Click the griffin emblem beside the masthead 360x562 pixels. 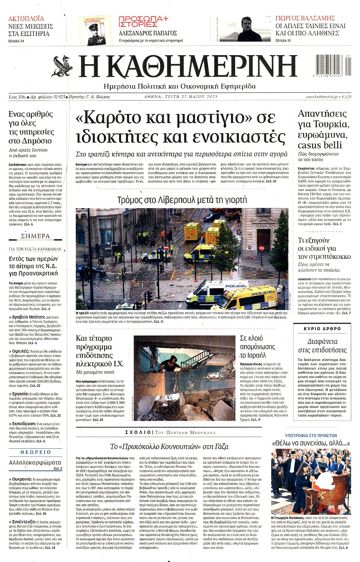point(63,66)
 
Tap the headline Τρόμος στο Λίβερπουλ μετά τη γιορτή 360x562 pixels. point(182,200)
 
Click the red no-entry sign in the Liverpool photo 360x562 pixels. point(261,248)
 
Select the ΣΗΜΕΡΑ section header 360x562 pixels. point(36,236)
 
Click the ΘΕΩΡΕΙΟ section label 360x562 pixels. point(36,452)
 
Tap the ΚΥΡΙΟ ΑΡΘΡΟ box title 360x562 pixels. point(322,329)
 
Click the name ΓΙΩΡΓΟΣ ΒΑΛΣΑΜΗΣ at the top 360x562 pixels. point(305,18)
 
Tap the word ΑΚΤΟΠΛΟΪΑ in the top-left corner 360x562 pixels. point(26,18)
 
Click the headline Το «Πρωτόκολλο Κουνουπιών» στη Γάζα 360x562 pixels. point(169,446)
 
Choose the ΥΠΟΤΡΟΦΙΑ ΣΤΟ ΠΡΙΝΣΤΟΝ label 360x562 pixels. point(311,436)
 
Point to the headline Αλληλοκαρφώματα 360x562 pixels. point(35,462)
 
